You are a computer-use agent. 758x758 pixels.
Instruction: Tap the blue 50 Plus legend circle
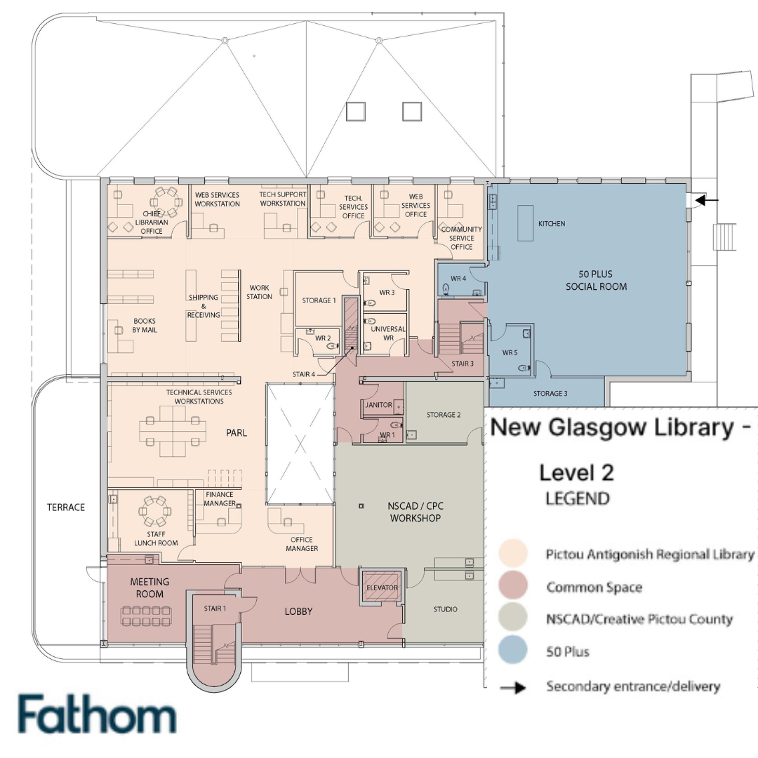(512, 650)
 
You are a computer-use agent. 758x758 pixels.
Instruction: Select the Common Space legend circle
(512, 586)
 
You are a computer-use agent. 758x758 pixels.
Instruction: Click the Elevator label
(382, 587)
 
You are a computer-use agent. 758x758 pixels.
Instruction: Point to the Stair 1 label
(215, 608)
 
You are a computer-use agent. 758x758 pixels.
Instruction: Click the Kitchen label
(552, 223)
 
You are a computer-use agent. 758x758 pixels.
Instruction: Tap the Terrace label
(66, 507)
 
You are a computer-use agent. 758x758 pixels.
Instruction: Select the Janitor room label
(378, 405)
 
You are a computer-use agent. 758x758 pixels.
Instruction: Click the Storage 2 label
(444, 414)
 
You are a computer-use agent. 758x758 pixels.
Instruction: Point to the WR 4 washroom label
(458, 279)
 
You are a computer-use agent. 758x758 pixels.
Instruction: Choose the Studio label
(445, 609)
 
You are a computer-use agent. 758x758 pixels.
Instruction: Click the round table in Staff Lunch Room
(155, 510)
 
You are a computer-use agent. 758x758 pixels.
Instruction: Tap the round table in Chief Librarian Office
(166, 201)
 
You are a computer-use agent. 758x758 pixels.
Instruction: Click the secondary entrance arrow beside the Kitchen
(706, 199)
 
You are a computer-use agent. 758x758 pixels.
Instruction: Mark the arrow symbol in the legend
(513, 687)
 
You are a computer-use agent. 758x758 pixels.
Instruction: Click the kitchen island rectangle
(526, 223)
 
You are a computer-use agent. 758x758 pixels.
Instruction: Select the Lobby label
(298, 611)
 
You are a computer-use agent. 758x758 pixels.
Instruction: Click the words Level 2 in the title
(576, 473)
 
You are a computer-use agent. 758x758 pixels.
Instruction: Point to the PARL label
(237, 432)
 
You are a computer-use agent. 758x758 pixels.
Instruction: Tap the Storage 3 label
(550, 394)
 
